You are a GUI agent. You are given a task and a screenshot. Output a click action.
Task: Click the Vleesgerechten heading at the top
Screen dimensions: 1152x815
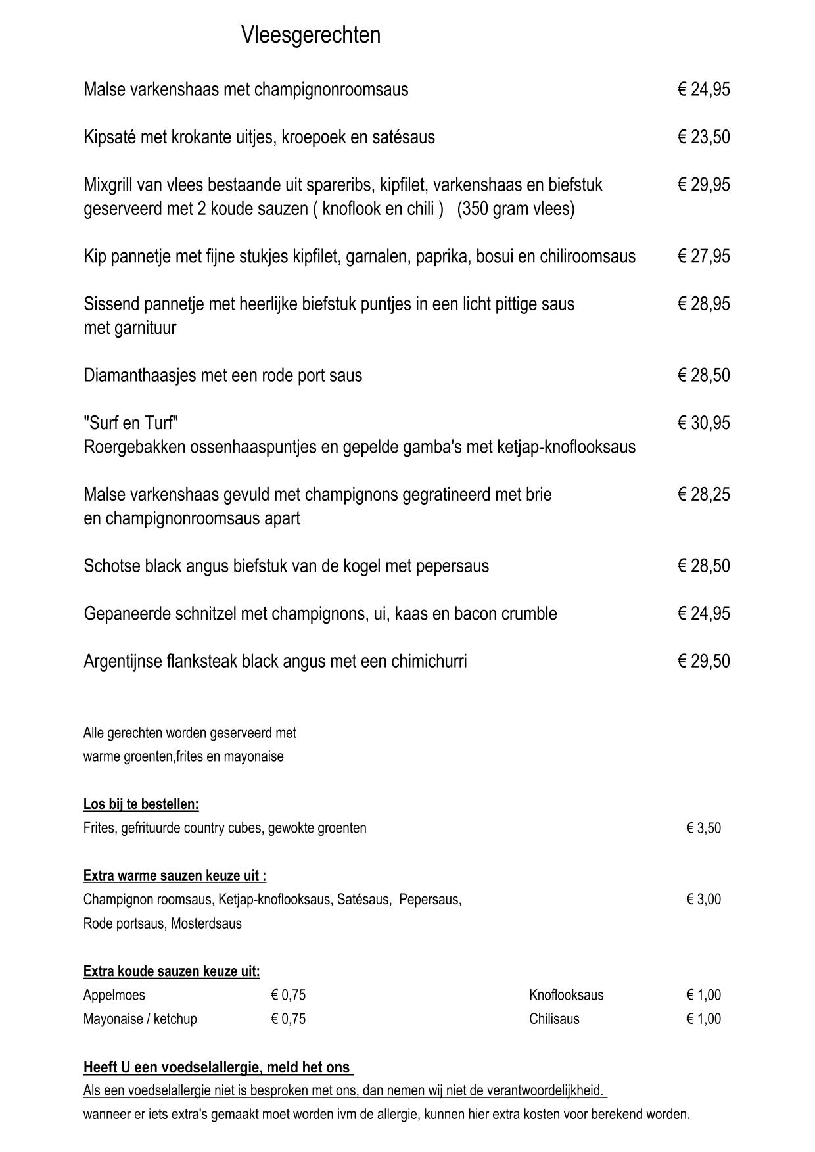(310, 35)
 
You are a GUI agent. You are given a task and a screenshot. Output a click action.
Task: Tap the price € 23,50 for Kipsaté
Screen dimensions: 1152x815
(703, 137)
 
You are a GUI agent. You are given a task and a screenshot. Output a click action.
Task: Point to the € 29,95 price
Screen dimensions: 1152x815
(703, 185)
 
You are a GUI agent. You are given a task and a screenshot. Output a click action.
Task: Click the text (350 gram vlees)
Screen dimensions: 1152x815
(516, 209)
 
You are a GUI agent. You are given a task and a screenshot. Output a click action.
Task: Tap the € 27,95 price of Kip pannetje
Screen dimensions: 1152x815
(703, 256)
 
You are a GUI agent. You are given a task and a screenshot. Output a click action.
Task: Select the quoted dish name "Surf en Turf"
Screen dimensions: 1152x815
(131, 423)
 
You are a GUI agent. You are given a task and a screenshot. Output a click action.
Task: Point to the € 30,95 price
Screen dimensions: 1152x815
(703, 423)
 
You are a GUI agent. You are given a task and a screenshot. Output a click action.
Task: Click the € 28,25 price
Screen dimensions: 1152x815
(703, 494)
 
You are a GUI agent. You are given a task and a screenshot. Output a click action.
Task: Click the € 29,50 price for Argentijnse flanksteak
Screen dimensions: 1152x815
(703, 661)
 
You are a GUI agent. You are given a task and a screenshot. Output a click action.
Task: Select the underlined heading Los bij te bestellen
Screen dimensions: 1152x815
(141, 804)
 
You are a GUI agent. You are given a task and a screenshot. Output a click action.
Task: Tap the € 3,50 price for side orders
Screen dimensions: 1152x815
(703, 828)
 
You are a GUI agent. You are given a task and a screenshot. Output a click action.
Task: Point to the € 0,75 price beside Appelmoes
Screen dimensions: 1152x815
(288, 995)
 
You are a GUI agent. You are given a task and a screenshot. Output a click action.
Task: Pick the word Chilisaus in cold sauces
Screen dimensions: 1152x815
(554, 1019)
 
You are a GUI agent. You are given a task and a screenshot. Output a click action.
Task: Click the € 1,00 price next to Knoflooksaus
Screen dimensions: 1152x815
(703, 995)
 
